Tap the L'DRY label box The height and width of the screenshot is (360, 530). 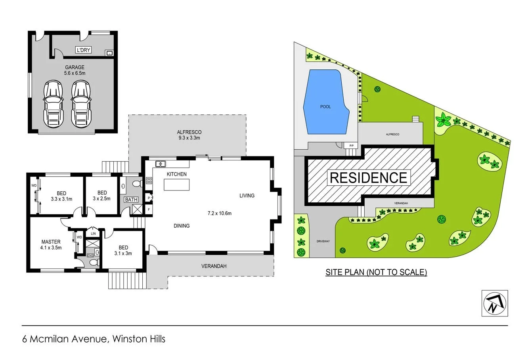[x=83, y=50]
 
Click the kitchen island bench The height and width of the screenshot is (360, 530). [x=177, y=185]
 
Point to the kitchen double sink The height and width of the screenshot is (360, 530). [x=161, y=163]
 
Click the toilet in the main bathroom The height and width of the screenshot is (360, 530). [x=136, y=184]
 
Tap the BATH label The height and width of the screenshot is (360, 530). [x=131, y=200]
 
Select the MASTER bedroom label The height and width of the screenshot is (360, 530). [x=51, y=242]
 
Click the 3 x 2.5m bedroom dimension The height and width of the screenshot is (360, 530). [x=102, y=199]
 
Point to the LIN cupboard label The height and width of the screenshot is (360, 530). [x=93, y=234]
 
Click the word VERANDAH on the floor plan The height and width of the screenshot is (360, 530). [x=214, y=266]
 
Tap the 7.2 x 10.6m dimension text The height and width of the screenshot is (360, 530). [x=219, y=213]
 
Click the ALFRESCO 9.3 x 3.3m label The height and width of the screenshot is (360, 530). [x=189, y=135]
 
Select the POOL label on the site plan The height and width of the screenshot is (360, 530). [x=325, y=107]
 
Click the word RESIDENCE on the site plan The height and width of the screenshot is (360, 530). [x=368, y=177]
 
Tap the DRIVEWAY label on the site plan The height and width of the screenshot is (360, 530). [x=323, y=241]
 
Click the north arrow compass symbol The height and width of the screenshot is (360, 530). [x=494, y=303]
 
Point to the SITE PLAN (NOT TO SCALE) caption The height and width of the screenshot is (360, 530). [x=376, y=272]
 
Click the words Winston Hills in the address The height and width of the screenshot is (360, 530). [x=139, y=339]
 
